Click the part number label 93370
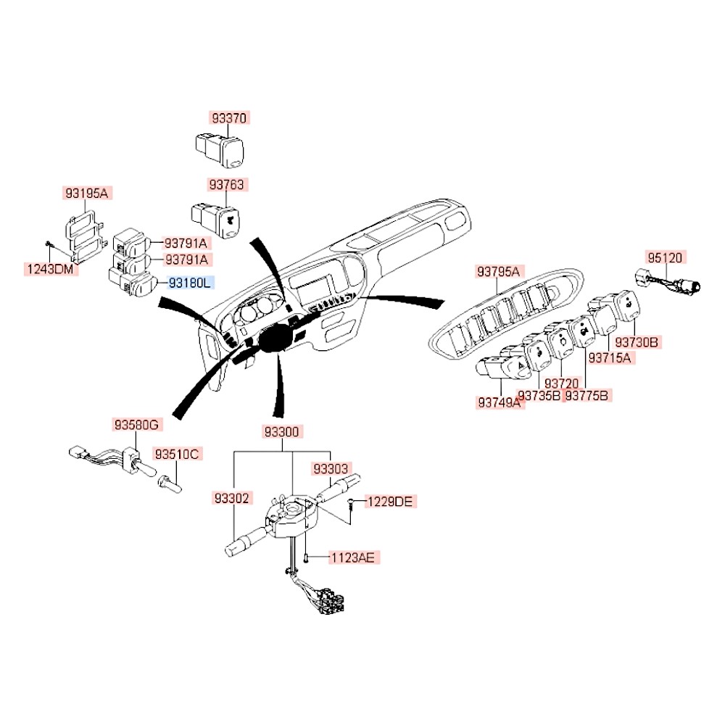tap(229, 117)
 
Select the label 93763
tap(228, 185)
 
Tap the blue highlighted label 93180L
tap(190, 283)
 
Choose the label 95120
tap(665, 257)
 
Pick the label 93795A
tap(498, 272)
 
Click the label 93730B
tap(637, 341)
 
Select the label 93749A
tap(500, 402)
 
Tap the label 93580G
tap(136, 425)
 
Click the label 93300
tap(281, 431)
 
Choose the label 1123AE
tap(353, 558)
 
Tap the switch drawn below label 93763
tap(215, 215)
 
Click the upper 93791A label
tap(186, 243)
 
